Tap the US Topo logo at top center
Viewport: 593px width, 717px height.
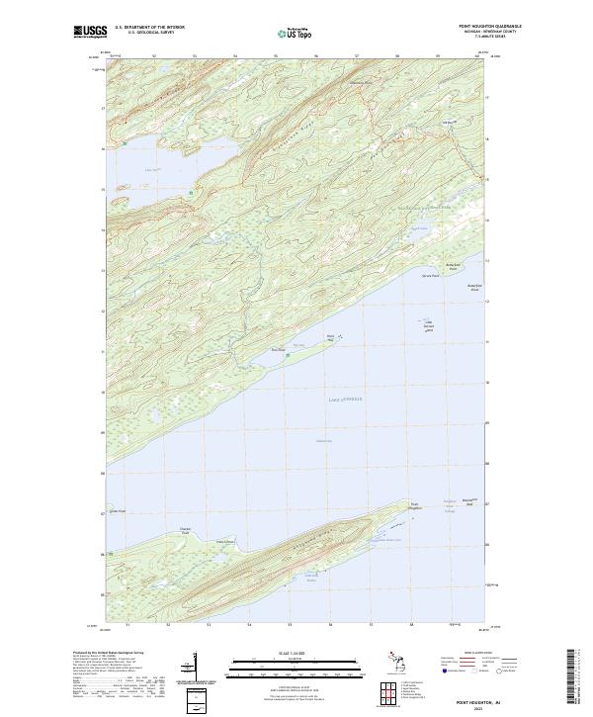click(x=296, y=35)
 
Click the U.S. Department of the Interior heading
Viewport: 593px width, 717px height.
click(x=149, y=27)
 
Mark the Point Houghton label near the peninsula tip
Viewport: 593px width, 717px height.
click(x=416, y=506)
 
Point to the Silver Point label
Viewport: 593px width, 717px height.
click(x=429, y=275)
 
